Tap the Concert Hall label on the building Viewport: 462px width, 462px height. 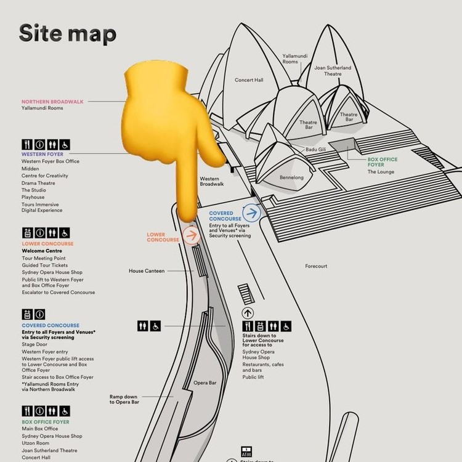point(249,80)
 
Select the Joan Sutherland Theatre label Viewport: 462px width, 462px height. point(333,71)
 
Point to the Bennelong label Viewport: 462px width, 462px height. point(291,177)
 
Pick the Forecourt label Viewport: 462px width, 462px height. point(316,266)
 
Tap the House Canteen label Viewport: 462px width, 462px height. point(147,271)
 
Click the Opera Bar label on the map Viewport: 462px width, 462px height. point(205,383)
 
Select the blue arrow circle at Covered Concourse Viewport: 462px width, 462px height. point(251,213)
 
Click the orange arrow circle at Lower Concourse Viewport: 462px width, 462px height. point(191,235)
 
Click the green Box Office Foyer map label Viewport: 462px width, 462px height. point(382,162)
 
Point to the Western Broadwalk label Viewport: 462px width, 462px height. point(212,181)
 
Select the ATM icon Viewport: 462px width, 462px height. point(246,451)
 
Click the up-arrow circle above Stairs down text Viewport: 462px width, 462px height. point(248,312)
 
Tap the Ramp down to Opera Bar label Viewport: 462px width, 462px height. point(124,399)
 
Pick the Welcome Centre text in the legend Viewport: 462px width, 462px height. point(42,251)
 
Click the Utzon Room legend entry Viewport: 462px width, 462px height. point(36,444)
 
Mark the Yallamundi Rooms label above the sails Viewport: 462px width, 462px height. point(290,59)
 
